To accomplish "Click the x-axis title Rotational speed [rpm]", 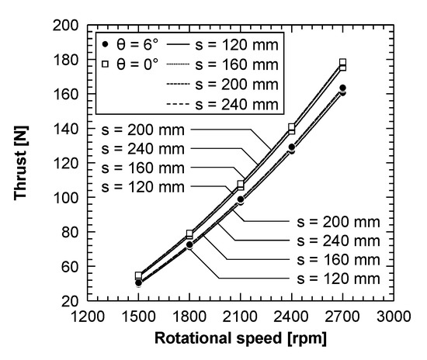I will [241, 338].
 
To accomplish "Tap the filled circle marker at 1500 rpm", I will [138, 282].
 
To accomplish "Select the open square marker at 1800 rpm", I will [189, 234].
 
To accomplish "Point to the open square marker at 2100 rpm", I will [241, 185].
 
